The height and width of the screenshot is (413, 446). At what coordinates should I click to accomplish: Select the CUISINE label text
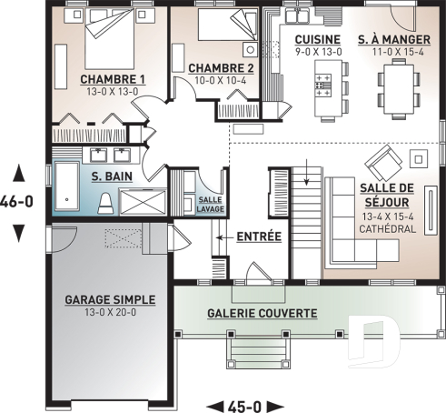pos(317,39)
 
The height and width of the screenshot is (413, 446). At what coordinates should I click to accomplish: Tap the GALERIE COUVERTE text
pos(262,313)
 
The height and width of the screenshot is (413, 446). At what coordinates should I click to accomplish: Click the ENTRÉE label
pos(259,237)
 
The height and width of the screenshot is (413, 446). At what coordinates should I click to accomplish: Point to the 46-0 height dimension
pos(17,202)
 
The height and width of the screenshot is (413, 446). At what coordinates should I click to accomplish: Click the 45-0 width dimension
pos(246,405)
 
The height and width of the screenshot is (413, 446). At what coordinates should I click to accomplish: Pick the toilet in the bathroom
pos(105,200)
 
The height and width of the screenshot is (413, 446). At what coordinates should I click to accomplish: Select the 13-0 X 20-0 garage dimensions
pos(110,314)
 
